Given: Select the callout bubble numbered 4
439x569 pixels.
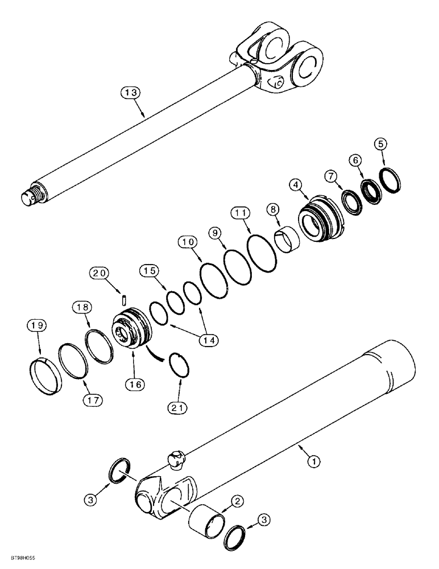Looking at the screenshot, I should pyautogui.click(x=295, y=185).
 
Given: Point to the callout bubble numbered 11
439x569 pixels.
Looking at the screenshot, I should pyautogui.click(x=240, y=213).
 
